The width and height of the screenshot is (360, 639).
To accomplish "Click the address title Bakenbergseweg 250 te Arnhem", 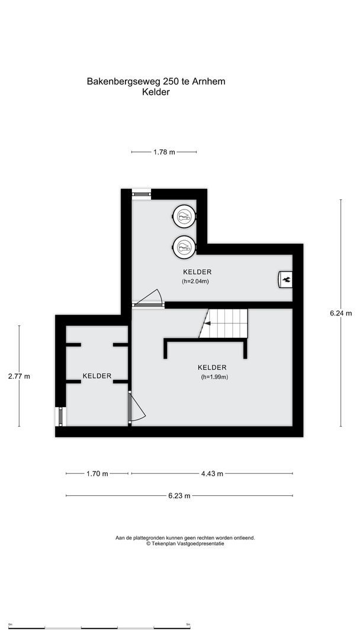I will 156,81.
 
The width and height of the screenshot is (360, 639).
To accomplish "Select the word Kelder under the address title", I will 156,92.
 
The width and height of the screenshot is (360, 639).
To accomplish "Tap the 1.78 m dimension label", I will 164,152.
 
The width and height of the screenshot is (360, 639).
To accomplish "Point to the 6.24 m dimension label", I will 340,313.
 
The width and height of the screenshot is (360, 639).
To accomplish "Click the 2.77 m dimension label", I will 19,376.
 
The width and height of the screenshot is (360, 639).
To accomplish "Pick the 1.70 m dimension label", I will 97,473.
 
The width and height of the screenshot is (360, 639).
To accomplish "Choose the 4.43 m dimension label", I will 211,473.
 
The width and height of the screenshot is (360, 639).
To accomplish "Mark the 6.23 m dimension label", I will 179,496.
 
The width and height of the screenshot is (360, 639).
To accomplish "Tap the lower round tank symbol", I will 184,246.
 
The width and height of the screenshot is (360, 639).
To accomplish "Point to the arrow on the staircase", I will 207,323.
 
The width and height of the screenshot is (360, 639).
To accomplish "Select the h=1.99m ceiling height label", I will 214,377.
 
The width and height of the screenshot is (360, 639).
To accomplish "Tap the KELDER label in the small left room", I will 97,376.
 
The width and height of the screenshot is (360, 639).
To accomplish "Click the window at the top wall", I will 141,192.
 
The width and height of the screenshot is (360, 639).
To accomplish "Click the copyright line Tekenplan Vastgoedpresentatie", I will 185,544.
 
